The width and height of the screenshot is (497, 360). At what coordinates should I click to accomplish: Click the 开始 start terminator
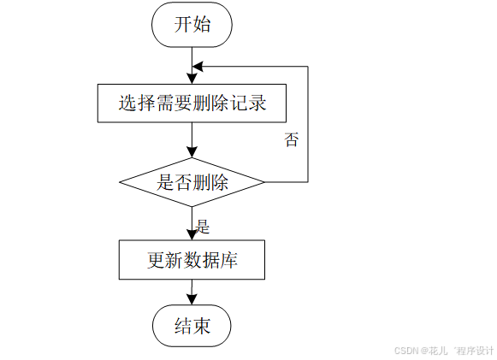point(192,25)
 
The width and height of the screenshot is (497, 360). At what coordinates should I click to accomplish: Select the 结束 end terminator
point(192,326)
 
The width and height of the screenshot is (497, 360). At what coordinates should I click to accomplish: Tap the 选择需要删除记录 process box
point(192,104)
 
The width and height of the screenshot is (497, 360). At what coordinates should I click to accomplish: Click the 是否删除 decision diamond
point(192,182)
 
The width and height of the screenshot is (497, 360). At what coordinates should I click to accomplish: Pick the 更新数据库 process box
point(192,260)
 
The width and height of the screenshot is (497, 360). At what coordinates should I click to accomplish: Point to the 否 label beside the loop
point(292,140)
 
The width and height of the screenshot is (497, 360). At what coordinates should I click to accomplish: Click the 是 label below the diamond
point(203,227)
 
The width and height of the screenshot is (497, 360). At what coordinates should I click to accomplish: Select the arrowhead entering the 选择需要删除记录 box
point(192,79)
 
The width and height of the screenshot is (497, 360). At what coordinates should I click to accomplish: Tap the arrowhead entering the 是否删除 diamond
point(192,153)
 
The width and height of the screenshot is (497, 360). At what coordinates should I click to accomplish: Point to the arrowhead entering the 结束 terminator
point(192,300)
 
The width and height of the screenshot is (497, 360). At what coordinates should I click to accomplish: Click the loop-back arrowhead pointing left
point(198,65)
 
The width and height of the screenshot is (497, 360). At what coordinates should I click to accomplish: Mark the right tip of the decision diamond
point(264,182)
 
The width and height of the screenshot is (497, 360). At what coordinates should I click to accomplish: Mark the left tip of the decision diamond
point(119,182)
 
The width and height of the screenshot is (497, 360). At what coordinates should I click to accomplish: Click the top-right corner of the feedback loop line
point(308,65)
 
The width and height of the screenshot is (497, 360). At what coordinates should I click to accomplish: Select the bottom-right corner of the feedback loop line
point(308,182)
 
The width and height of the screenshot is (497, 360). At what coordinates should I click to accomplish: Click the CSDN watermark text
point(445,351)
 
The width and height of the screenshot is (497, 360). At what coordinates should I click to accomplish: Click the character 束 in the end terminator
point(202,326)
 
